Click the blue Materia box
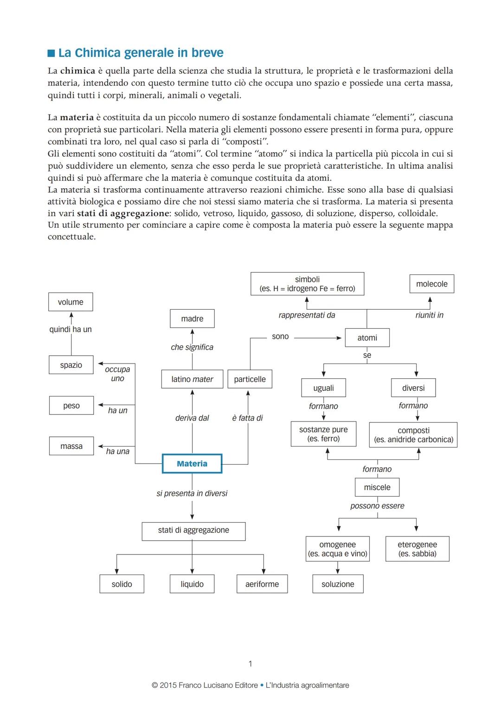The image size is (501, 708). [192, 464]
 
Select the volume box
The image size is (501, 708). [71, 302]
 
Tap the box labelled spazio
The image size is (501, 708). [71, 365]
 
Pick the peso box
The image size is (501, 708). [71, 406]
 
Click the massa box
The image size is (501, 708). [71, 446]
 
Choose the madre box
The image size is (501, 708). [192, 319]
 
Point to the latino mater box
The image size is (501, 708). [192, 379]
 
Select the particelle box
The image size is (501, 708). [250, 379]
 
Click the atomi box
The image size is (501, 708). [367, 338]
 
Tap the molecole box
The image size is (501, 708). [431, 284]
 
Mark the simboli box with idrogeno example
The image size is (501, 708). [307, 284]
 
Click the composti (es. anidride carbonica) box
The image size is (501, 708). [413, 435]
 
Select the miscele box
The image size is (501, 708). [377, 487]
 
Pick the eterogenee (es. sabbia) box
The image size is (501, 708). [417, 549]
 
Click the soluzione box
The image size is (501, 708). [338, 584]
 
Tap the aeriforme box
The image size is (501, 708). [262, 584]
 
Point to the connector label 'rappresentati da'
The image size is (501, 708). [307, 315]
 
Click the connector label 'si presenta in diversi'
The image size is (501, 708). [192, 493]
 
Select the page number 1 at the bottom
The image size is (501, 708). [250, 664]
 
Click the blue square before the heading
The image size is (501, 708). [51, 53]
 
